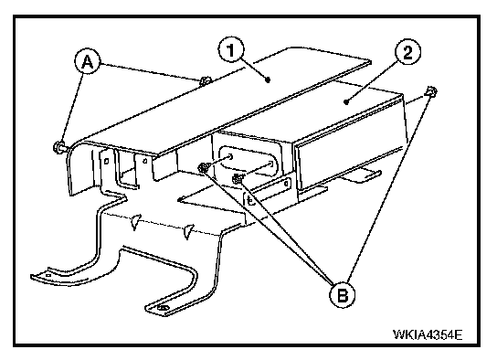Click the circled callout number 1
[231, 50]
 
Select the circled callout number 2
[408, 53]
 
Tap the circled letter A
[88, 61]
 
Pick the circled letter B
[343, 295]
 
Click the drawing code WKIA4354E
[428, 334]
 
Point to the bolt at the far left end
[58, 147]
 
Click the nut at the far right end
[430, 91]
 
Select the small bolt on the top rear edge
[205, 80]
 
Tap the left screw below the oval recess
[203, 167]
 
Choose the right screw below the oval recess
[238, 179]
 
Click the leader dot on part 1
[269, 79]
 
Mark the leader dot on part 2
[346, 101]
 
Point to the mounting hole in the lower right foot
[164, 308]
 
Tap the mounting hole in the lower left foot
[48, 276]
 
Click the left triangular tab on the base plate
[135, 222]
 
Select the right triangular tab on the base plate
[189, 232]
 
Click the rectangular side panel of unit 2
[350, 163]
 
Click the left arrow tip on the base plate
[178, 200]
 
